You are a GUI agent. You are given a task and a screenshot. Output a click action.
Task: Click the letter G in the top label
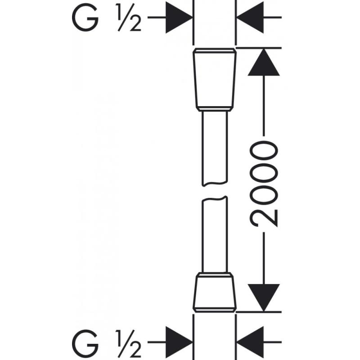click(x=85, y=18)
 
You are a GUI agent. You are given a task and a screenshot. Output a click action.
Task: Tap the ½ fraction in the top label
click(x=129, y=18)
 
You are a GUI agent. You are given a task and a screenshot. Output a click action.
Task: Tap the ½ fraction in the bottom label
click(x=129, y=343)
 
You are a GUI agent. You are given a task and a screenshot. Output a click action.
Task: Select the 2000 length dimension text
click(x=264, y=184)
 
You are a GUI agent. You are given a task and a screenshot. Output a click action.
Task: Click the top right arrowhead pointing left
click(x=250, y=18)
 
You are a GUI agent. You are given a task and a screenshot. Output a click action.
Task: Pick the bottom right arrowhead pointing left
click(x=250, y=342)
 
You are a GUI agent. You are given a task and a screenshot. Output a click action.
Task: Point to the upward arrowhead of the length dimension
click(x=264, y=62)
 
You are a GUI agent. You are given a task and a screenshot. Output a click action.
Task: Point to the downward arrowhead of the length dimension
click(x=264, y=298)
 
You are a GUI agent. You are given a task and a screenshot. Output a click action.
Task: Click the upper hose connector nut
click(x=215, y=80)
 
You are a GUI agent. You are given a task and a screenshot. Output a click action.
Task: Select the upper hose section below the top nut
click(x=215, y=148)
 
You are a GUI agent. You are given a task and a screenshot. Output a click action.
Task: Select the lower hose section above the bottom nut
click(x=215, y=234)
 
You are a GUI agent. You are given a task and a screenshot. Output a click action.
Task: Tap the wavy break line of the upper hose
click(x=215, y=184)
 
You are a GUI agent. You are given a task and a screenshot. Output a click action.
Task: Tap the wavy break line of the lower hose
click(x=215, y=199)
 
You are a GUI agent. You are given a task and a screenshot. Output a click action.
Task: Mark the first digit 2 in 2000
click(x=264, y=218)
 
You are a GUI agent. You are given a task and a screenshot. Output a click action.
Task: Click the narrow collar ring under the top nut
click(x=215, y=109)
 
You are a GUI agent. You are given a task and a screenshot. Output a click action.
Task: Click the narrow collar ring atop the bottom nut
click(x=215, y=275)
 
